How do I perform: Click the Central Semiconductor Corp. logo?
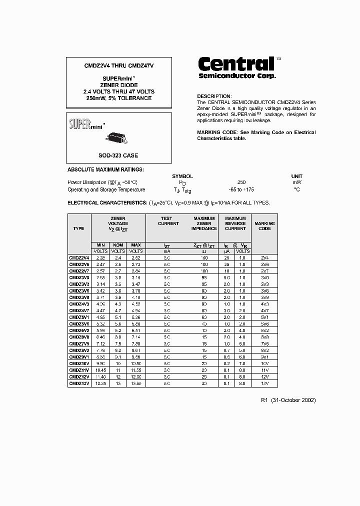click(x=236, y=67)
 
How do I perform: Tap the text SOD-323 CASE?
click(x=118, y=155)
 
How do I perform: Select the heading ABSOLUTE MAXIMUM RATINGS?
click(x=105, y=170)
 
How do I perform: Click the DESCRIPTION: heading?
click(x=214, y=96)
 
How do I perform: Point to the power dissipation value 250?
click(x=241, y=182)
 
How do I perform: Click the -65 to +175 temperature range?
click(x=241, y=189)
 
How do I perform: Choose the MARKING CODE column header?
click(x=264, y=226)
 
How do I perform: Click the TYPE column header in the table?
click(x=79, y=228)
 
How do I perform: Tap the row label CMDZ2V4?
click(x=79, y=257)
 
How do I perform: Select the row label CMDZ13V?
click(x=79, y=383)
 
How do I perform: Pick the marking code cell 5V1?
click(x=264, y=317)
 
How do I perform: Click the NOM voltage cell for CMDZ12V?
click(x=118, y=376)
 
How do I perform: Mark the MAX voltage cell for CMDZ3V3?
click(x=136, y=283)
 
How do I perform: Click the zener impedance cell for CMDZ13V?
click(x=204, y=383)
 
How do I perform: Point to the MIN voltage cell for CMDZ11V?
click(x=100, y=370)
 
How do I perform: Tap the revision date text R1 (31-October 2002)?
click(x=288, y=400)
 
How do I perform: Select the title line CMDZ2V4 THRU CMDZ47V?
click(x=118, y=65)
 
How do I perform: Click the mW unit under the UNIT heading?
click(x=297, y=182)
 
